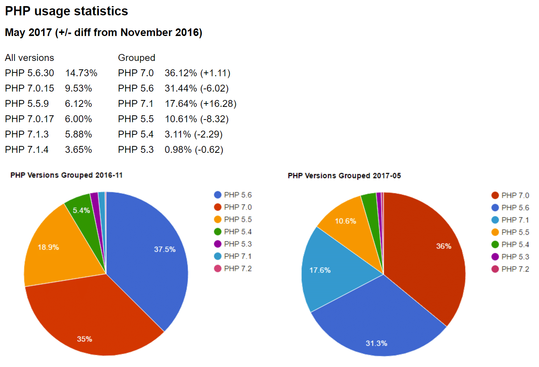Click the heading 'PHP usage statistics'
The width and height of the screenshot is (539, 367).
(x=66, y=11)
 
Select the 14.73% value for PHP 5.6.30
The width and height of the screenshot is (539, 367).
(x=81, y=73)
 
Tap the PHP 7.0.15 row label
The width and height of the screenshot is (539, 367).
(x=30, y=88)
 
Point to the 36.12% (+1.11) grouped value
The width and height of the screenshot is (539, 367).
(x=197, y=73)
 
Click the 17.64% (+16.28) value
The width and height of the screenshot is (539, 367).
(x=200, y=104)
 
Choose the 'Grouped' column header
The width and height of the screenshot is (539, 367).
(x=136, y=58)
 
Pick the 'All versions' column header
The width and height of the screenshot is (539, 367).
(x=30, y=58)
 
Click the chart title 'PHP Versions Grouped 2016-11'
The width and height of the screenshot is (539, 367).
(x=66, y=175)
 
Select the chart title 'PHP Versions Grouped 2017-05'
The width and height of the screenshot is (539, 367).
(x=344, y=176)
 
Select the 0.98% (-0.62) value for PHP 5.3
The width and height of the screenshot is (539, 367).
(x=194, y=150)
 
